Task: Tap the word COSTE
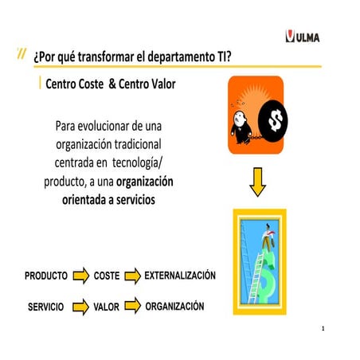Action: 107,276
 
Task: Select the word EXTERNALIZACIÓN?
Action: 180,275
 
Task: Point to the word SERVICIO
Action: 45,306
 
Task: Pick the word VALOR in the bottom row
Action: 106,306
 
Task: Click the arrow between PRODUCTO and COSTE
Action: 80,276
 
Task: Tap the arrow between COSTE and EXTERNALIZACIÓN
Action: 131,276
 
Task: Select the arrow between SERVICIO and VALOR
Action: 80,306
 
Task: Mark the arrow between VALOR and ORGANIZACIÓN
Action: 132,305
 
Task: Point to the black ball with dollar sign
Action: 276,122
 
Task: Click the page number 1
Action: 323,328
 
